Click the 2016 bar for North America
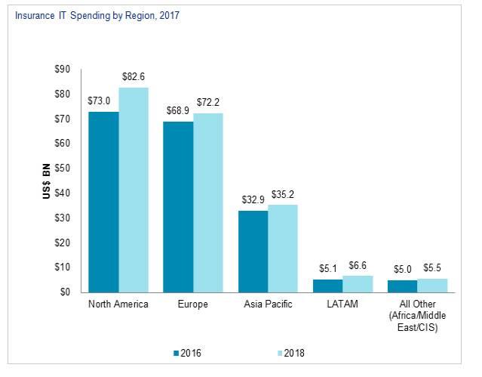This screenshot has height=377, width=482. point(103,202)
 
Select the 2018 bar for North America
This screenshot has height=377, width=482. point(134,190)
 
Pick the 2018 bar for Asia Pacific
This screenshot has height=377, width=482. point(283,248)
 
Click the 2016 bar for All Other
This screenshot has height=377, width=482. point(402,286)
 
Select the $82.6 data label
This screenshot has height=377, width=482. point(134,77)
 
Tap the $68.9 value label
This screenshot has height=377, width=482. point(179,111)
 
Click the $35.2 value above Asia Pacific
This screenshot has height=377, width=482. point(284,194)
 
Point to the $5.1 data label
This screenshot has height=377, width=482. point(327,268)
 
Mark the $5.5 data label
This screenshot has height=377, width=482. point(433,267)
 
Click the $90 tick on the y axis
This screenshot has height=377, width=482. point(62,70)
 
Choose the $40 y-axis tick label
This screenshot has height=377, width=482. point(62,193)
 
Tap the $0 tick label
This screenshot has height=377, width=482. point(64,292)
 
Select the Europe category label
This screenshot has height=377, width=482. point(193,304)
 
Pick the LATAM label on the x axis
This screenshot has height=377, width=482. point(342,304)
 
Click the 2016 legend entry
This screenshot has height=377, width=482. point(187,352)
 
